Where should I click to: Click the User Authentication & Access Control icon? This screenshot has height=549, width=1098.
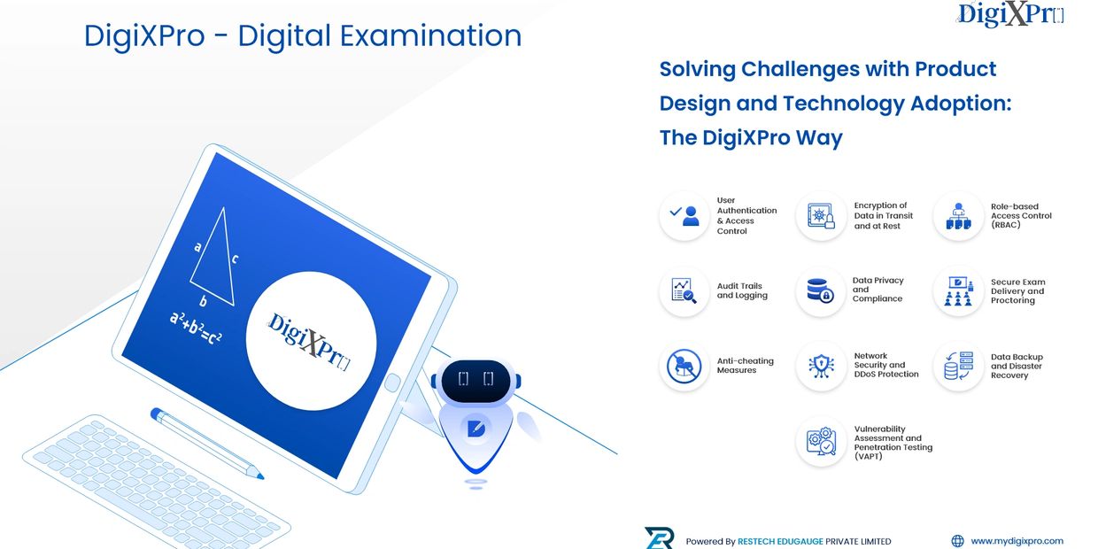684,216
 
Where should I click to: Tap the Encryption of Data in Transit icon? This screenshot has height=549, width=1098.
821,216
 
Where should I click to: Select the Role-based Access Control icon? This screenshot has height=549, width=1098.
958,216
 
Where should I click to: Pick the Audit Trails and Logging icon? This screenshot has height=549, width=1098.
684,290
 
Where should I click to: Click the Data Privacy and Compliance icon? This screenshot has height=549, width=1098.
821,290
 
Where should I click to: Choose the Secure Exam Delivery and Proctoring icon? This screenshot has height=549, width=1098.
958,290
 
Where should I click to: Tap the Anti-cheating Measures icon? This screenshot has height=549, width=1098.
684,366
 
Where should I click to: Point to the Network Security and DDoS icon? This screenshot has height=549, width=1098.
821,366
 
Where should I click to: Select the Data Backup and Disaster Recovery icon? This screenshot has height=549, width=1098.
958,366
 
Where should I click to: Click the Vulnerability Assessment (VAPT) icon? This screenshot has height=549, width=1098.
821,441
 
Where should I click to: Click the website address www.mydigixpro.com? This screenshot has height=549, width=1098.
1017,541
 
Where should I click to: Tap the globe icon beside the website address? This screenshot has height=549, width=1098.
957,541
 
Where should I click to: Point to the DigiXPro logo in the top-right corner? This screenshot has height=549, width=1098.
1010,14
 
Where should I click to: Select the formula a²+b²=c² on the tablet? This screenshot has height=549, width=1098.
195,329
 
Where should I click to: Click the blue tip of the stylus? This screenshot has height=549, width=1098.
259,475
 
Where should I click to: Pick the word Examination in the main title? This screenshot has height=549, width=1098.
430,35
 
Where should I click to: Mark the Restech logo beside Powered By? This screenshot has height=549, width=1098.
660,538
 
